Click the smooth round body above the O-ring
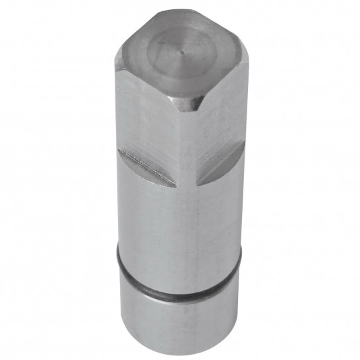[x=179, y=225]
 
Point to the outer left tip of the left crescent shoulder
[x=119, y=150]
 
